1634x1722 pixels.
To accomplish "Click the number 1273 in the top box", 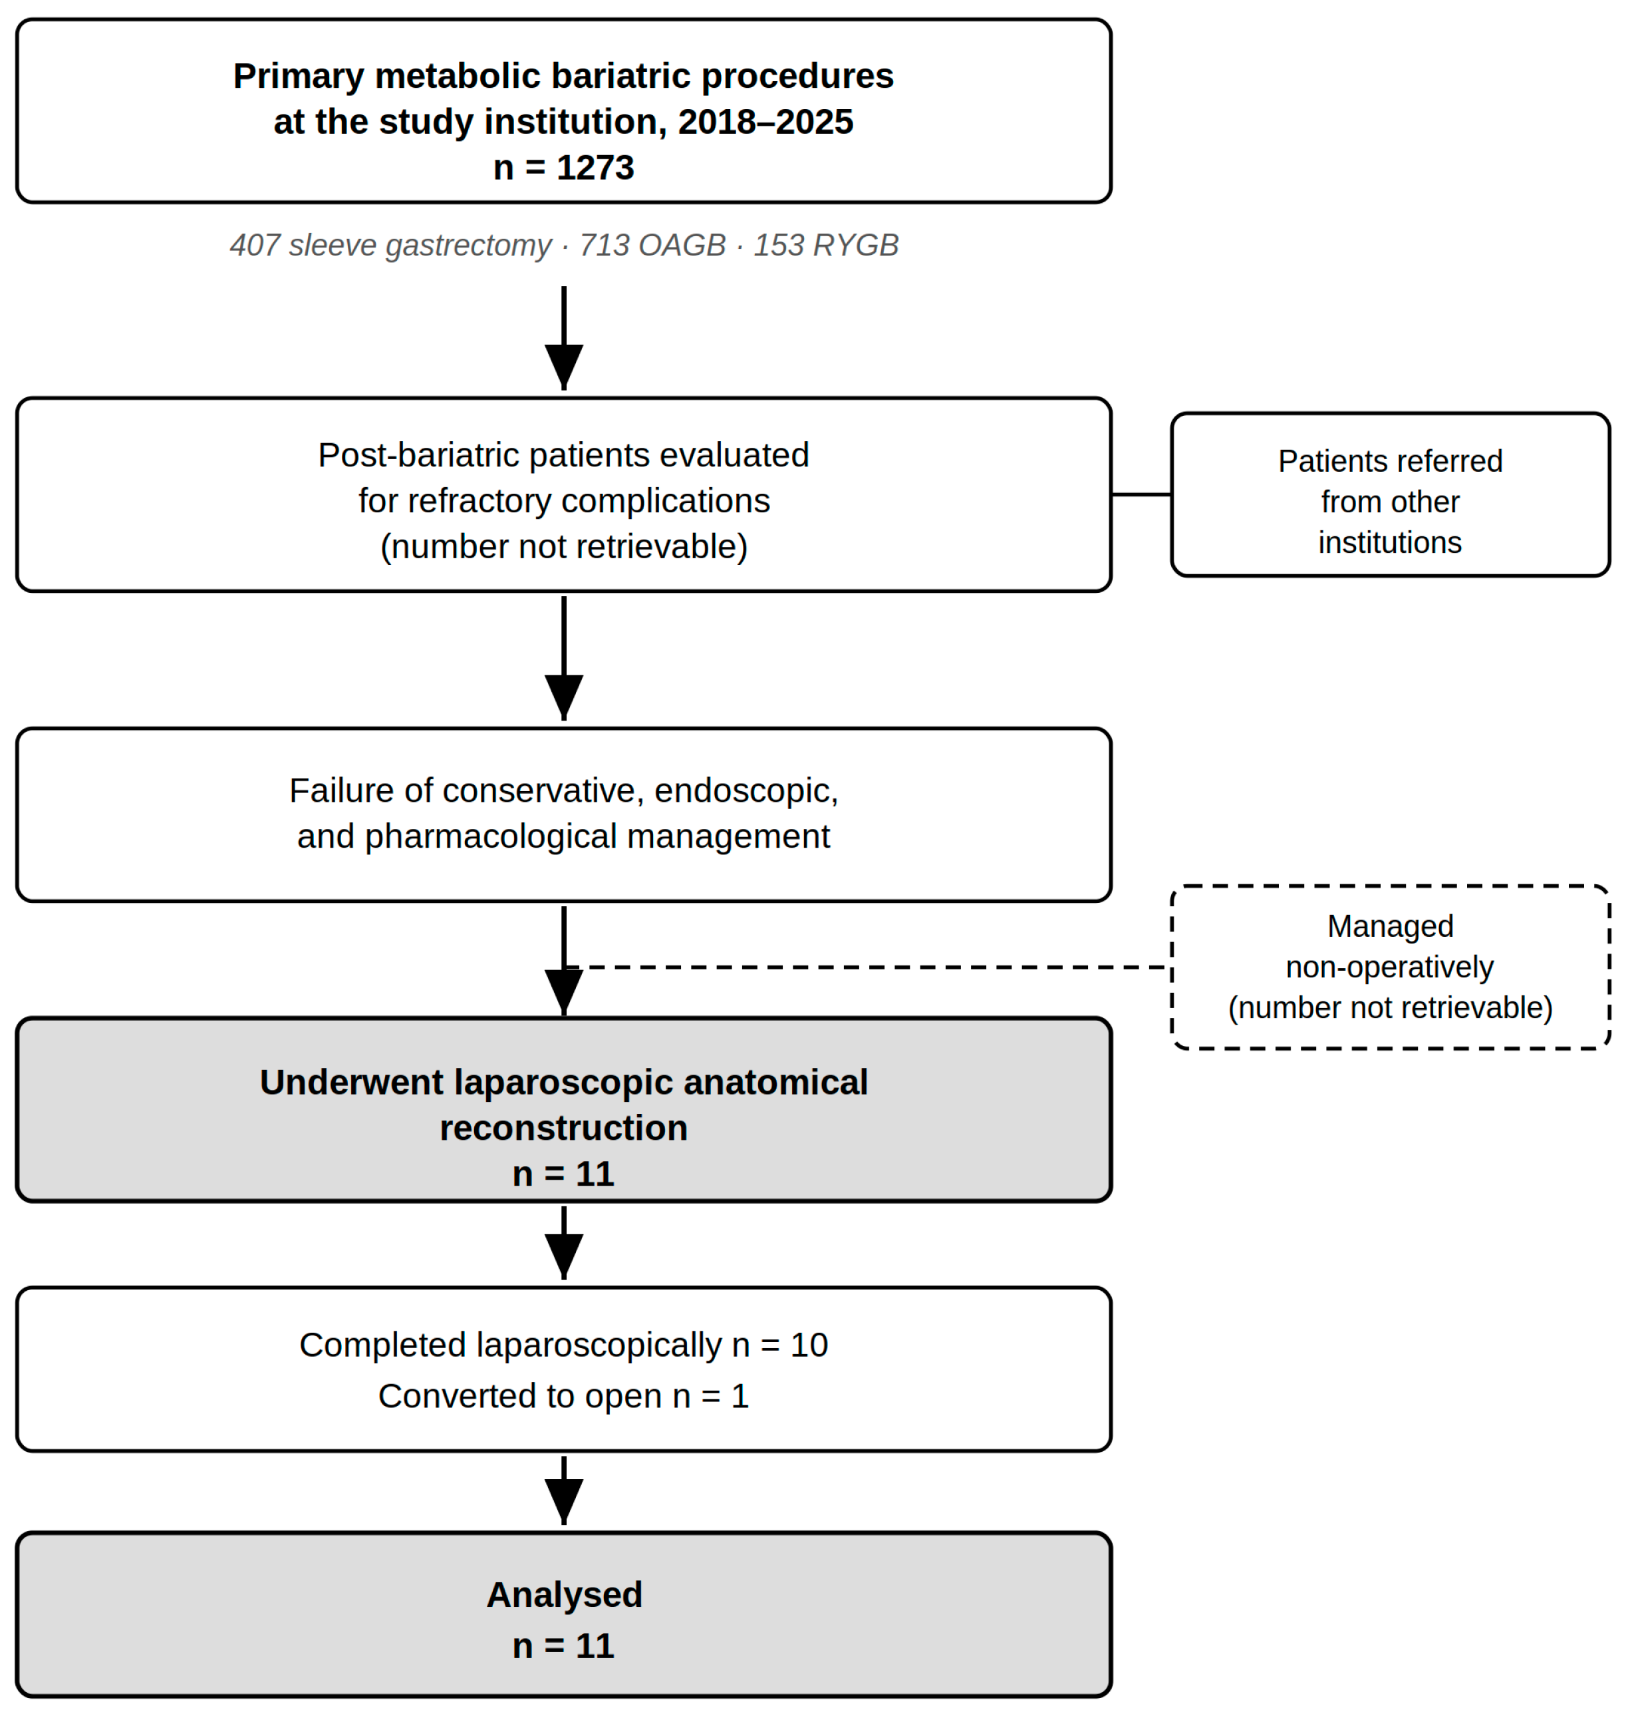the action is point(595,167).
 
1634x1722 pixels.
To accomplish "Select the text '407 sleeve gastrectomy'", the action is point(390,246).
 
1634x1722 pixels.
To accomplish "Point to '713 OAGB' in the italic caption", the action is point(652,246).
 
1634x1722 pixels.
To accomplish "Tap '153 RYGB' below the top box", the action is point(826,246).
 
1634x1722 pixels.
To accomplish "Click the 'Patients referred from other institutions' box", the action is point(1390,494).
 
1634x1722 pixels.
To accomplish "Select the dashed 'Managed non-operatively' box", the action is point(1390,967).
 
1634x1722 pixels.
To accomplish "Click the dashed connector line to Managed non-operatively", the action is point(867,967).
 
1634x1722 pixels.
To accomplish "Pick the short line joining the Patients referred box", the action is point(1141,494).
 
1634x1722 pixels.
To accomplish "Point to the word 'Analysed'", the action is point(565,1595).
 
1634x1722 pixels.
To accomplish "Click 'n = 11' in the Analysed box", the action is point(563,1646).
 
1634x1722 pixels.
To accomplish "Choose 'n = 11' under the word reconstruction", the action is point(563,1174).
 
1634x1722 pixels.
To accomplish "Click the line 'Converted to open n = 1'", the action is point(563,1396).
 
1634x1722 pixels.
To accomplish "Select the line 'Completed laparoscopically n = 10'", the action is point(563,1345).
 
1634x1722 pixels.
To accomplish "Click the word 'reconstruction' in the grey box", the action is point(563,1128).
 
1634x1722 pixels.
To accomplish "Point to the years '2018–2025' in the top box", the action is point(765,122).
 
